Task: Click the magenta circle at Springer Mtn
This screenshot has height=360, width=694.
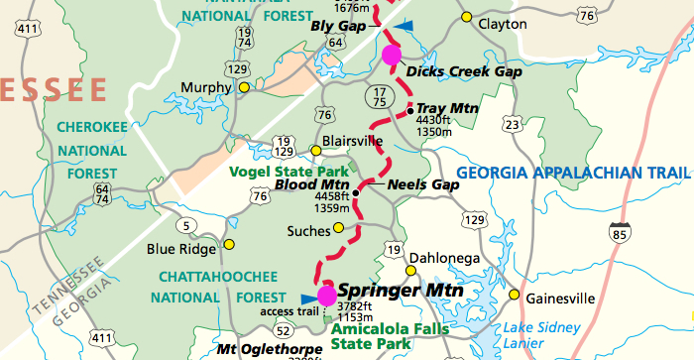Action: [326, 295]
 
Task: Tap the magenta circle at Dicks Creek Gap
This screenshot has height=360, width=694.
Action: [391, 54]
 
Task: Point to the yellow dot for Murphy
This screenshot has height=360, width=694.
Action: [243, 87]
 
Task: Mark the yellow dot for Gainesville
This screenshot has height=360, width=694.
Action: [514, 295]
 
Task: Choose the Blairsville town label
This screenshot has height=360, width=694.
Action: [354, 141]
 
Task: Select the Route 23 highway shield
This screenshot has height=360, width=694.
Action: [512, 124]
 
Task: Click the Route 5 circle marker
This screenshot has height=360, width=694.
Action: [185, 225]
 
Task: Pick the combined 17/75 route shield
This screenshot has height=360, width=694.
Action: [378, 96]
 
